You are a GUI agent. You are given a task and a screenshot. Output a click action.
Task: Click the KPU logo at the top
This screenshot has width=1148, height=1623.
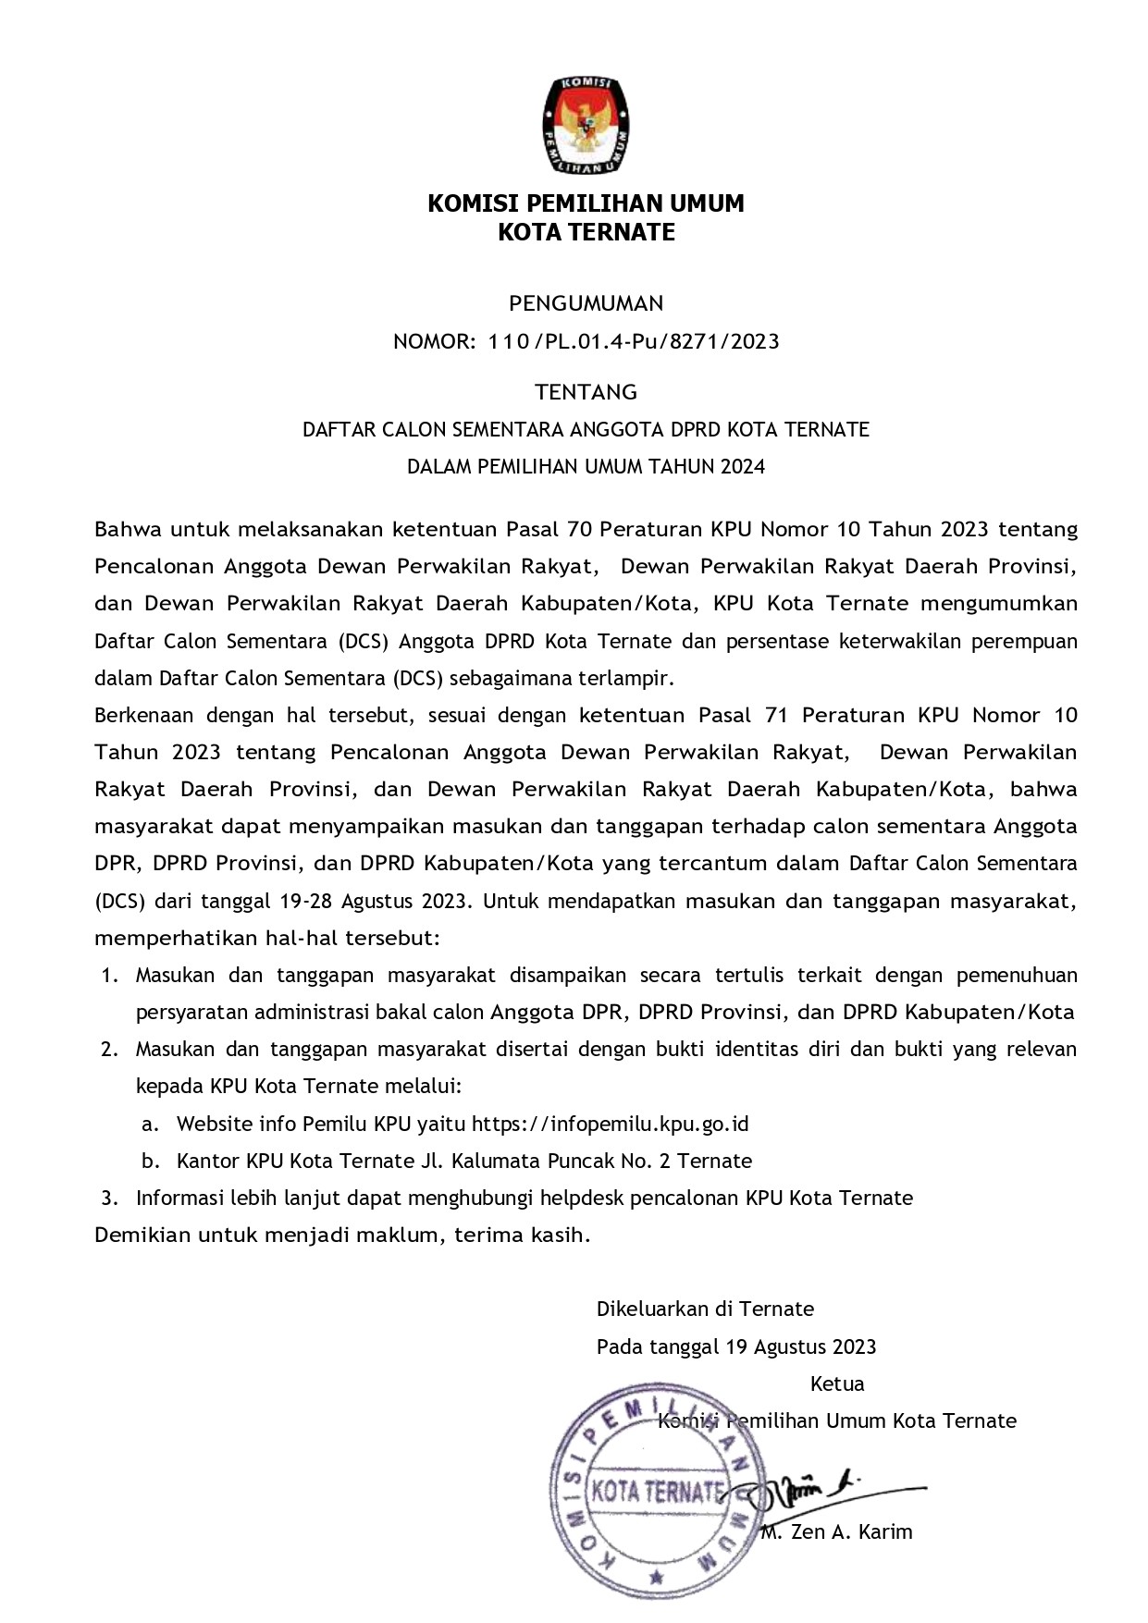(x=586, y=125)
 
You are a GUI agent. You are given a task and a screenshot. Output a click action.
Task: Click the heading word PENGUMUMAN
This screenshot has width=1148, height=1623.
(x=586, y=303)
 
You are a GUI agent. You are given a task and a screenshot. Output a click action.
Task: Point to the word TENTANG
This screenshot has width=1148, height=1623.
(x=586, y=392)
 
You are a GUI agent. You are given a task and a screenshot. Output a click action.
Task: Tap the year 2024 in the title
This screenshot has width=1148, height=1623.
(x=742, y=467)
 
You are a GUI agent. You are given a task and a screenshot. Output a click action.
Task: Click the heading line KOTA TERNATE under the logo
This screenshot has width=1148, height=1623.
(x=586, y=232)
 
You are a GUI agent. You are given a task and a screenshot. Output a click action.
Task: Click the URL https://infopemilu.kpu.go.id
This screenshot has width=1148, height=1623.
(x=610, y=1125)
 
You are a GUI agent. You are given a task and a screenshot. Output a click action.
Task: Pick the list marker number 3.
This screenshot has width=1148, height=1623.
(x=109, y=1199)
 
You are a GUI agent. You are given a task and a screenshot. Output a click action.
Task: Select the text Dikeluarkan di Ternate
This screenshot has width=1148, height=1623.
(x=705, y=1309)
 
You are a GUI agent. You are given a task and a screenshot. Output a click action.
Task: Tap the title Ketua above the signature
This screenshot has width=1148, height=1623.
(x=837, y=1384)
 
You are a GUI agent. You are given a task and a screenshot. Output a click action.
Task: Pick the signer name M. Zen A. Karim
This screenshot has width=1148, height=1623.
(x=837, y=1532)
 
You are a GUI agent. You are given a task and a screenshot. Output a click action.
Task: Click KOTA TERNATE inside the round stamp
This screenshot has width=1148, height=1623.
(x=656, y=1491)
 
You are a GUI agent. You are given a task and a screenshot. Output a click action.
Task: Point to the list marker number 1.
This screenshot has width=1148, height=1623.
(x=109, y=976)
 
